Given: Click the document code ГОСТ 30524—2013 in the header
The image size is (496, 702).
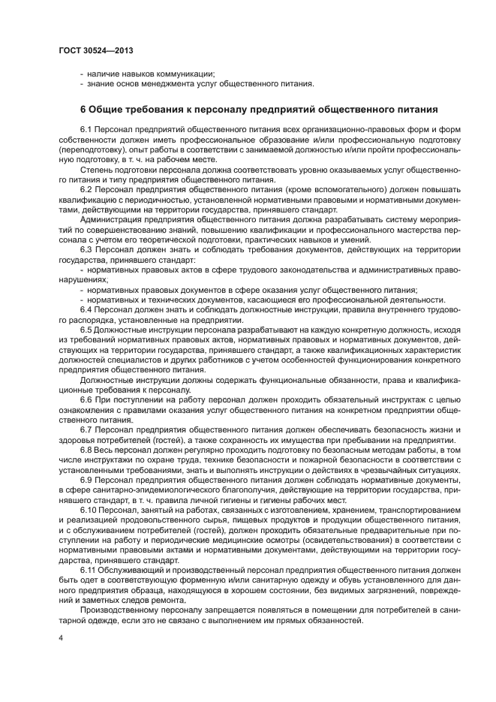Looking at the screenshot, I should point(95,50).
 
